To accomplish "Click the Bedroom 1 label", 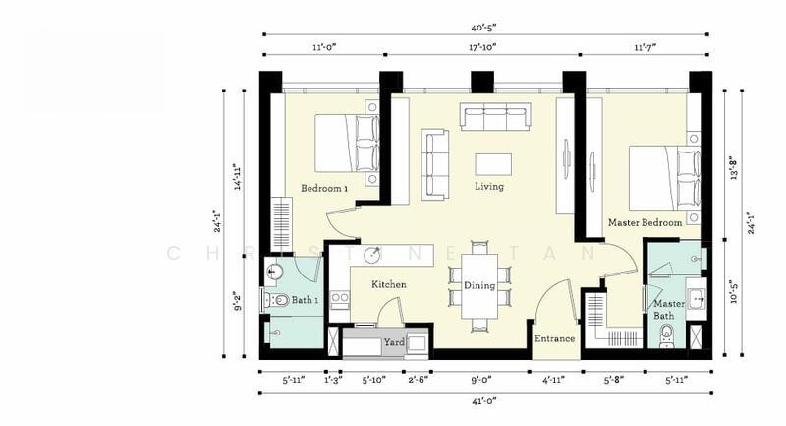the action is point(324,188).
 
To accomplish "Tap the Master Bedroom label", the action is point(645,222).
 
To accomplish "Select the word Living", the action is point(489,186).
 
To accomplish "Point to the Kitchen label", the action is point(389,284).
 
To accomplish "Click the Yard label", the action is point(394,342).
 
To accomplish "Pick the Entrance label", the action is point(554,338).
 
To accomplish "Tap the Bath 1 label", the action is point(305,300).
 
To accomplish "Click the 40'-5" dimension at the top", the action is point(483,28).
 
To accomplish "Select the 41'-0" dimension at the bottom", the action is point(483,400).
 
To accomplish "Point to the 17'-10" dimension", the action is point(482,47).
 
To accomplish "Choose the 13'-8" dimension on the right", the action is point(734,169).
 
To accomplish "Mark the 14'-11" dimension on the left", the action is point(238,177).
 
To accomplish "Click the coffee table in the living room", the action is point(493,164).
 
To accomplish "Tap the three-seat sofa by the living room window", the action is point(496,116).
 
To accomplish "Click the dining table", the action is point(479,286).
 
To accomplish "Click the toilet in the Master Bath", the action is point(667,335).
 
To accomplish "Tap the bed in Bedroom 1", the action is point(347,144).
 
